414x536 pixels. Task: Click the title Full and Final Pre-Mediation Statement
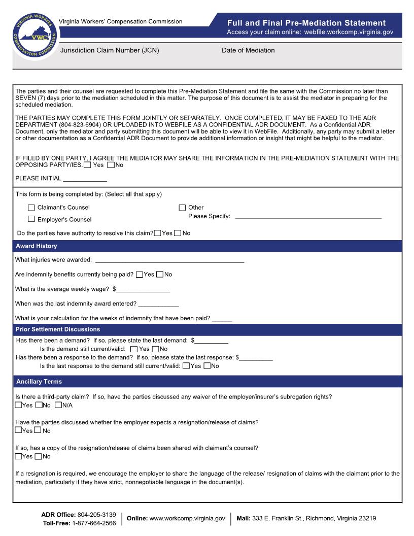click(x=306, y=23)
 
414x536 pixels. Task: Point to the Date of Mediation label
click(x=248, y=50)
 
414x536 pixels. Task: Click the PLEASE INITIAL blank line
click(x=85, y=179)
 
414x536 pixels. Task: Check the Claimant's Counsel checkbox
click(x=31, y=208)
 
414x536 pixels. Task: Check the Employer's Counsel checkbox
click(x=31, y=219)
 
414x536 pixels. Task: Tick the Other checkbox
click(x=182, y=208)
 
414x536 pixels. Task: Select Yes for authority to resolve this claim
click(x=158, y=233)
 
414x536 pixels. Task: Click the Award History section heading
click(x=37, y=246)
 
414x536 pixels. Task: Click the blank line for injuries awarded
click(x=169, y=260)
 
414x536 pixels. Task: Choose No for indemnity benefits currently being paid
click(x=160, y=275)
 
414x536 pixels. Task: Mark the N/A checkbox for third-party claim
click(x=58, y=405)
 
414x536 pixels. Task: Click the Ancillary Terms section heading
click(x=39, y=381)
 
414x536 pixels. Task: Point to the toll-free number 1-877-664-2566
click(x=93, y=523)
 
